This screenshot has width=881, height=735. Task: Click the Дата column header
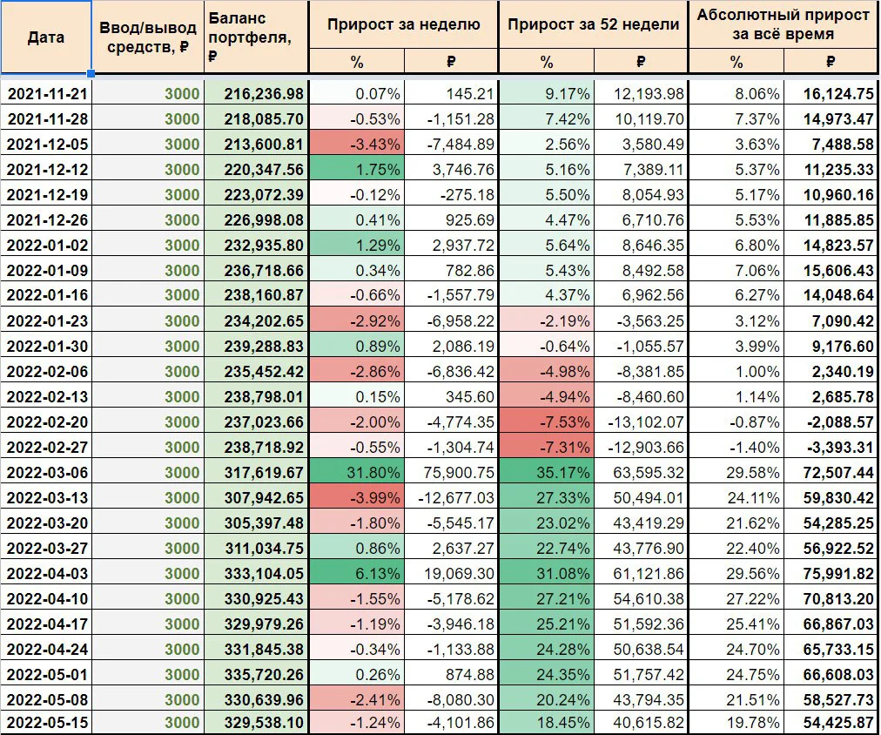(45, 37)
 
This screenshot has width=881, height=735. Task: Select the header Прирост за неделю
(403, 24)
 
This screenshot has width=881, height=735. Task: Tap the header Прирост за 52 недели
(594, 24)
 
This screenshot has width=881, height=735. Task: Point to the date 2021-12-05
(47, 145)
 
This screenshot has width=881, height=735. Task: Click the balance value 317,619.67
(264, 473)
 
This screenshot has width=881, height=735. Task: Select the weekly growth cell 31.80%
(373, 473)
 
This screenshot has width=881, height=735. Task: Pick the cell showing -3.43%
(375, 145)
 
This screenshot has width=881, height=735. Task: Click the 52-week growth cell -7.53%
(565, 422)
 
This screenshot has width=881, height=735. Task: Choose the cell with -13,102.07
(646, 422)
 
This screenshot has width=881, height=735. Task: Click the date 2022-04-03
(47, 574)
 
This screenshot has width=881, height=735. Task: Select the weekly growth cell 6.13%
(378, 574)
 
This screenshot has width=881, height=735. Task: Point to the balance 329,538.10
(264, 722)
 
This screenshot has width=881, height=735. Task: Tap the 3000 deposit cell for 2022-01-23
(182, 320)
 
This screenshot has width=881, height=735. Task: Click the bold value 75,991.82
(839, 574)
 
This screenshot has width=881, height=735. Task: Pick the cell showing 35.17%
(563, 473)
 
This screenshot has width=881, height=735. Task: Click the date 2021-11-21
(47, 94)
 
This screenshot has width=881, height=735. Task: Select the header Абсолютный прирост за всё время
(783, 24)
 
